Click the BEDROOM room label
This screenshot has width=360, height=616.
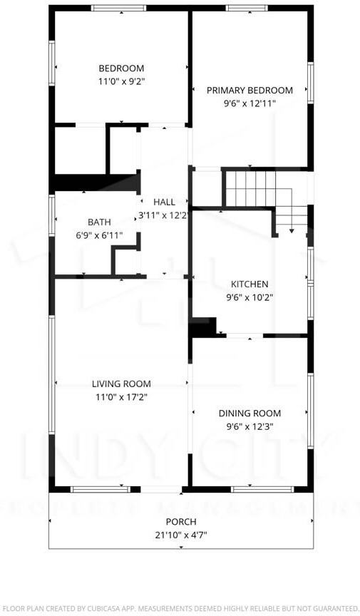coord(121,68)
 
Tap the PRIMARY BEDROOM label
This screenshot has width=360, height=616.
coord(250,91)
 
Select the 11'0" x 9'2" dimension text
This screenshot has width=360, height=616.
coord(121,81)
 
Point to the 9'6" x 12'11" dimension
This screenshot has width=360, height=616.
coord(250,103)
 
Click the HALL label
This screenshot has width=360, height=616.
coord(164,202)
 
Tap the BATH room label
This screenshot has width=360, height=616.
coord(99,222)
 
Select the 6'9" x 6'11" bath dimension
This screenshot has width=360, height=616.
coord(99,235)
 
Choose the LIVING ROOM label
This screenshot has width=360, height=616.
coord(121,384)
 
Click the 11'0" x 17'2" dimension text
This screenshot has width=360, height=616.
coord(121,397)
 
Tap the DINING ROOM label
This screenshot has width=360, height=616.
coord(250,414)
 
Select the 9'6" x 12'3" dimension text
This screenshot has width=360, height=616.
coord(250,426)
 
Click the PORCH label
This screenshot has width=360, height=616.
coord(181,522)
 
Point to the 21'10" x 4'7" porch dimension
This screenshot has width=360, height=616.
coord(181,535)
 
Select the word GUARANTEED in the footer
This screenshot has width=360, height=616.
coord(330,608)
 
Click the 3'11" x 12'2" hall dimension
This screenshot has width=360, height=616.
coord(164,215)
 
